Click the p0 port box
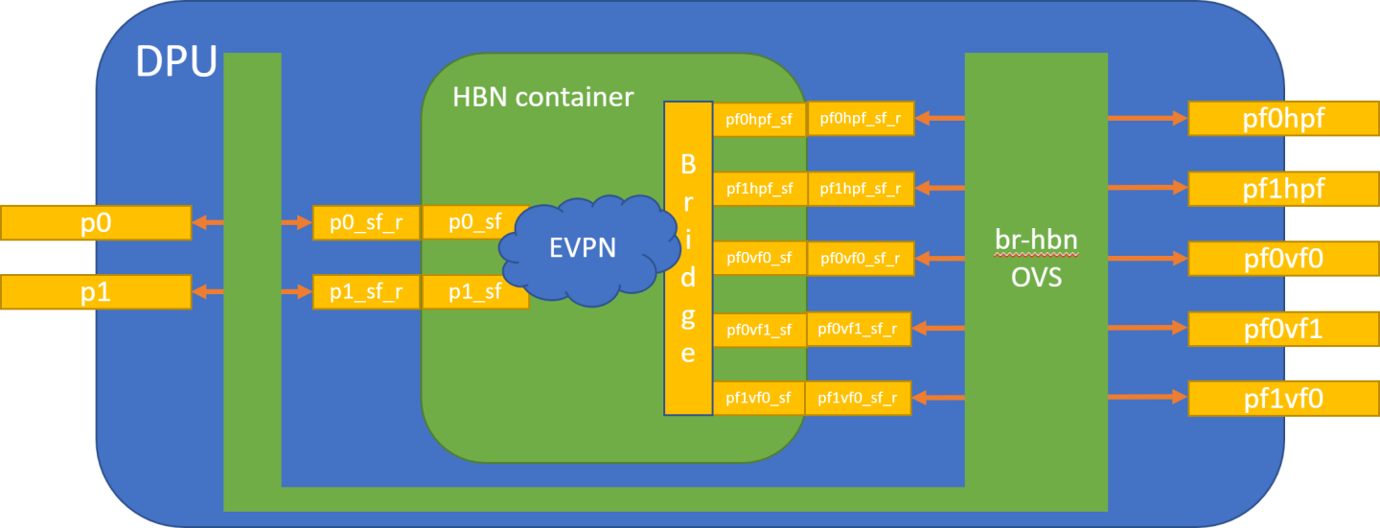[96, 222]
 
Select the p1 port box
[96, 291]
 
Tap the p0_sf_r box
[366, 222]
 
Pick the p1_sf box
[474, 291]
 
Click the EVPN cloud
[583, 247]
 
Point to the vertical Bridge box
[688, 259]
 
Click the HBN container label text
[542, 97]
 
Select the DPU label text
[175, 60]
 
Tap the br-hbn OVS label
[1036, 259]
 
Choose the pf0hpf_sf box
[759, 119]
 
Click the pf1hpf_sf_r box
[860, 188]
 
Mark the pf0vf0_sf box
[759, 258]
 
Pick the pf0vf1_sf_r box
[859, 329]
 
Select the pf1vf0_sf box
[758, 397]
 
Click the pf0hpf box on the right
[1283, 119]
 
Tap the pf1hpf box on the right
[1283, 188]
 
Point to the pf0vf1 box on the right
[1283, 329]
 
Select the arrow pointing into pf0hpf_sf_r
[937, 118]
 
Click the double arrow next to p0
[207, 222]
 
